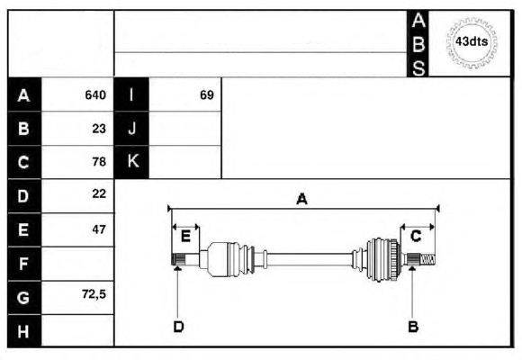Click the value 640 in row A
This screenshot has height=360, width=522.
click(x=95, y=95)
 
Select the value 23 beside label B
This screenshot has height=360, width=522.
click(x=99, y=129)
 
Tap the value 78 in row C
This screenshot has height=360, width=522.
click(x=99, y=162)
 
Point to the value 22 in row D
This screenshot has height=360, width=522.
click(x=99, y=193)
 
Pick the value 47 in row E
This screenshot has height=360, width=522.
click(x=99, y=229)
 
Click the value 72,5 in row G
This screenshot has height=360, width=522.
click(x=94, y=294)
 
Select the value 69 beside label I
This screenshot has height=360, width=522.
click(x=207, y=95)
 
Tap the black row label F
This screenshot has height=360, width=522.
click(x=24, y=264)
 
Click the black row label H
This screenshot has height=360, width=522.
click(x=24, y=331)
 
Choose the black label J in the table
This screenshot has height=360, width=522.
click(x=131, y=128)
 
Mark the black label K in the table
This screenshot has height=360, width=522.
click(x=131, y=162)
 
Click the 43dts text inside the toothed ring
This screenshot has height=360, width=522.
click(x=472, y=42)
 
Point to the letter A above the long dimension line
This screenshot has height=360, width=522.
click(x=301, y=199)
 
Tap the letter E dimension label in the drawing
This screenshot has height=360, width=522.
click(x=185, y=237)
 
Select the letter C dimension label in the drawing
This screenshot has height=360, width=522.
click(x=416, y=237)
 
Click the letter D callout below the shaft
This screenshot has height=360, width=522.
click(x=178, y=327)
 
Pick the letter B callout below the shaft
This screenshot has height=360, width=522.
click(x=413, y=327)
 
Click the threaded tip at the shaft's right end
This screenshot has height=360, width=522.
click(x=428, y=259)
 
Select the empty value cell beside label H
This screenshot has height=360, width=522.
click(x=77, y=331)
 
